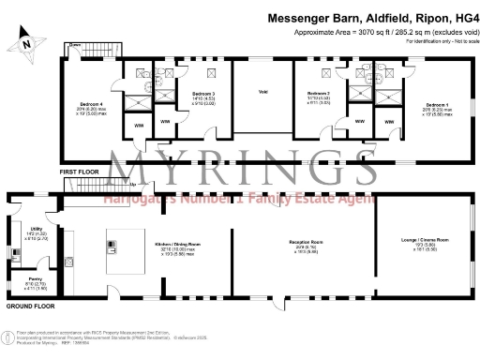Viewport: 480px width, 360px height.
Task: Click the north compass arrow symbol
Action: point(28,39)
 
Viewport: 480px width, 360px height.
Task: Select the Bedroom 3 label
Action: point(203,95)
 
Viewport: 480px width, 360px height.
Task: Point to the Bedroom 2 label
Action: point(318,95)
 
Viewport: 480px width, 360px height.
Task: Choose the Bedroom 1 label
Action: point(438,105)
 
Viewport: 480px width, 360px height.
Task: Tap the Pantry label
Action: point(33,279)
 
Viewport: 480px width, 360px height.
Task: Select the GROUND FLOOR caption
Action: point(27,307)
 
